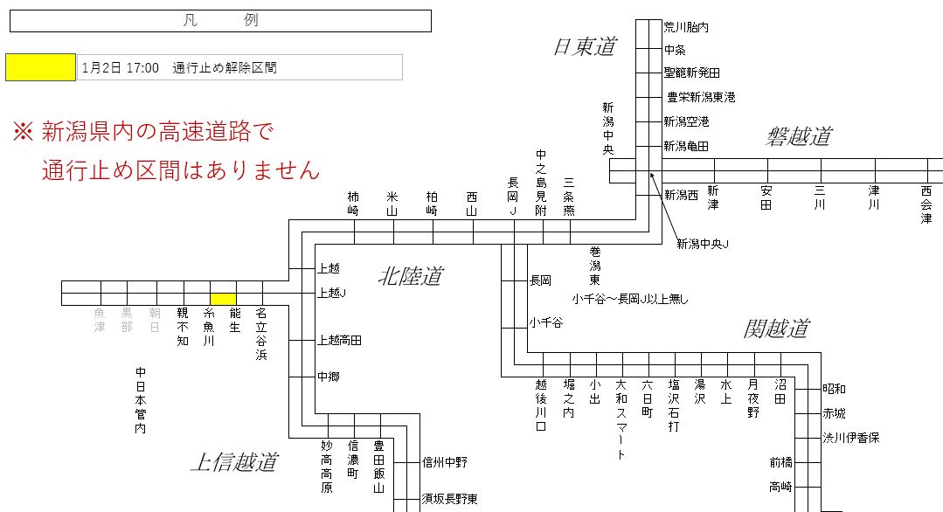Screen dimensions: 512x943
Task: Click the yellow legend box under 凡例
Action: pos(40,67)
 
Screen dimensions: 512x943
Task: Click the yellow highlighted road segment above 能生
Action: pos(223,299)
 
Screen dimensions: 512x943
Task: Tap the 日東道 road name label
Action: pos(585,47)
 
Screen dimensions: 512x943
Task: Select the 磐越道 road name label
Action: pos(799,136)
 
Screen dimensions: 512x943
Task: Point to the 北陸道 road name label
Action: pos(410,277)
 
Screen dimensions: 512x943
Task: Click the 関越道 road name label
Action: pos(776,329)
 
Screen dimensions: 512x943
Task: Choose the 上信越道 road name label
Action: pos(233,462)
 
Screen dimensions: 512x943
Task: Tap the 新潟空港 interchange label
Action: pos(686,121)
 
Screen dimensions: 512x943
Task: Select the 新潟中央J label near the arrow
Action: pos(703,244)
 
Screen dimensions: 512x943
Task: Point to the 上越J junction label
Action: pos(332,293)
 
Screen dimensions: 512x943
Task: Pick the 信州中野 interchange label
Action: pos(445,462)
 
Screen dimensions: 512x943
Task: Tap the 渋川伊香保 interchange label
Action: pos(850,438)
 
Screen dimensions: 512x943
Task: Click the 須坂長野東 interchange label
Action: pos(449,499)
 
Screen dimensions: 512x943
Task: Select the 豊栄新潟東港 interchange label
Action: pos(701,97)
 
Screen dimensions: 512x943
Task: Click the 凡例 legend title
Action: pos(220,21)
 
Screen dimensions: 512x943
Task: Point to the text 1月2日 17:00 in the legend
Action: pos(121,67)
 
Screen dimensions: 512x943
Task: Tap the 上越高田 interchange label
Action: pos(339,340)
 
